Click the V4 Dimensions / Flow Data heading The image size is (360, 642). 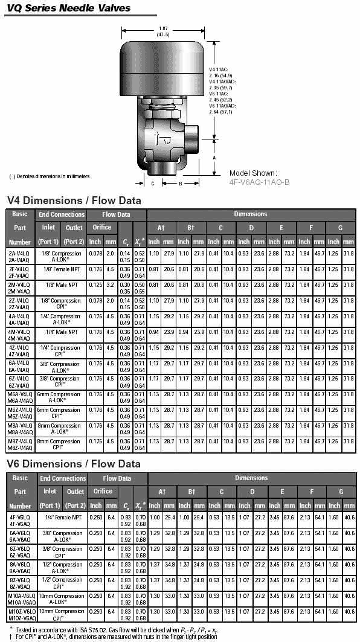click(x=74, y=200)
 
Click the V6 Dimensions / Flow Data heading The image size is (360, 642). click(x=74, y=464)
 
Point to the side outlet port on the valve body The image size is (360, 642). click(x=194, y=131)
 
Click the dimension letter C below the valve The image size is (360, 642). click(x=153, y=183)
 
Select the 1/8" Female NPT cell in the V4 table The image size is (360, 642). click(x=61, y=269)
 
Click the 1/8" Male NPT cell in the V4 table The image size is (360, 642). click(x=61, y=284)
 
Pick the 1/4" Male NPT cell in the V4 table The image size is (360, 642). click(x=61, y=332)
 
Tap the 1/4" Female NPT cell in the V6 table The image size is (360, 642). click(x=62, y=518)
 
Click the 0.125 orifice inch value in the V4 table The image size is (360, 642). click(x=95, y=284)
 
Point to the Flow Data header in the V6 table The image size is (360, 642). click(x=117, y=478)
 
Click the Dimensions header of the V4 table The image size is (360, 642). click(x=250, y=214)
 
